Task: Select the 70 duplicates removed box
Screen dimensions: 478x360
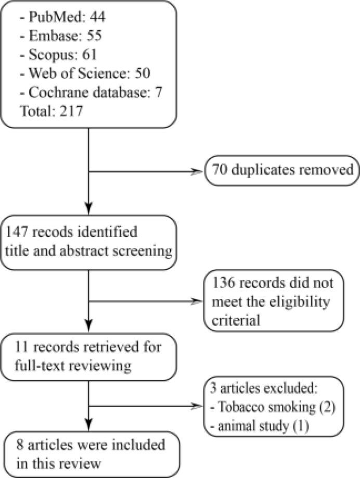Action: point(281,170)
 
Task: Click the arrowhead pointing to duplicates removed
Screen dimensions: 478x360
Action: point(198,170)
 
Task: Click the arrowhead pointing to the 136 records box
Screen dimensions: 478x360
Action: point(198,300)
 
